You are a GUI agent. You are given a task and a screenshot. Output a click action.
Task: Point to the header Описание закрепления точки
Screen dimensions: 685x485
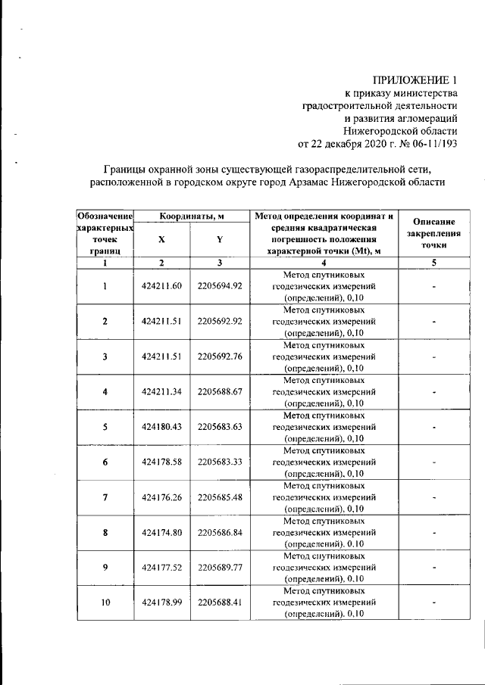(434, 234)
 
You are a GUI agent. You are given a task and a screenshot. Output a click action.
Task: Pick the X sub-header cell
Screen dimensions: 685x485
(161, 239)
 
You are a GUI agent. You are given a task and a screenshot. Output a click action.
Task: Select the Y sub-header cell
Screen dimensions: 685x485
(219, 239)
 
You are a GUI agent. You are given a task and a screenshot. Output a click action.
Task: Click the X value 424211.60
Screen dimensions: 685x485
(162, 285)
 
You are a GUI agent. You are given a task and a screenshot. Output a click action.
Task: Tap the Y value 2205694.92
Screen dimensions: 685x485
(220, 285)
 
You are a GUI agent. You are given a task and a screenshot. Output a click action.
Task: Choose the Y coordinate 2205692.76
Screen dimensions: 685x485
(220, 356)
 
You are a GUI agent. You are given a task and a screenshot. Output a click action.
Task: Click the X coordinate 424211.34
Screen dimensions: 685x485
(162, 391)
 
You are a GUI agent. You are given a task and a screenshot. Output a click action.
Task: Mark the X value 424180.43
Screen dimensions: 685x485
(162, 426)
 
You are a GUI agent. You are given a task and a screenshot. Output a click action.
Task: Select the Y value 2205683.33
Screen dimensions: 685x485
(220, 462)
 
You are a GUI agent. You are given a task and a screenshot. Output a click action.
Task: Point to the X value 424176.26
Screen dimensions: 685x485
(162, 497)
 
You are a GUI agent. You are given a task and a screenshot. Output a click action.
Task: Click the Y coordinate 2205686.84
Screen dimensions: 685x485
(220, 532)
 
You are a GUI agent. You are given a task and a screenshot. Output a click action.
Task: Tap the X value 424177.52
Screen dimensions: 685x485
(162, 567)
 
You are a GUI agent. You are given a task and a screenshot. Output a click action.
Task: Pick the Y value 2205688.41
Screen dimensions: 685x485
(220, 602)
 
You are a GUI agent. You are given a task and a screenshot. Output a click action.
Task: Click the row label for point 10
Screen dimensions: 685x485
(105, 602)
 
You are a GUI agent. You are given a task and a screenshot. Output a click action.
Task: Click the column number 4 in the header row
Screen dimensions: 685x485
(324, 263)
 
